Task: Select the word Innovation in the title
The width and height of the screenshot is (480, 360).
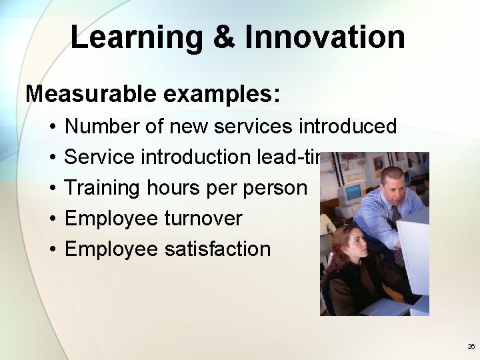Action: (x=325, y=37)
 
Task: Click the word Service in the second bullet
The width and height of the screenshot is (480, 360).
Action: (x=101, y=157)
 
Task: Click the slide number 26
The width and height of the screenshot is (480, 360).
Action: (x=471, y=347)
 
